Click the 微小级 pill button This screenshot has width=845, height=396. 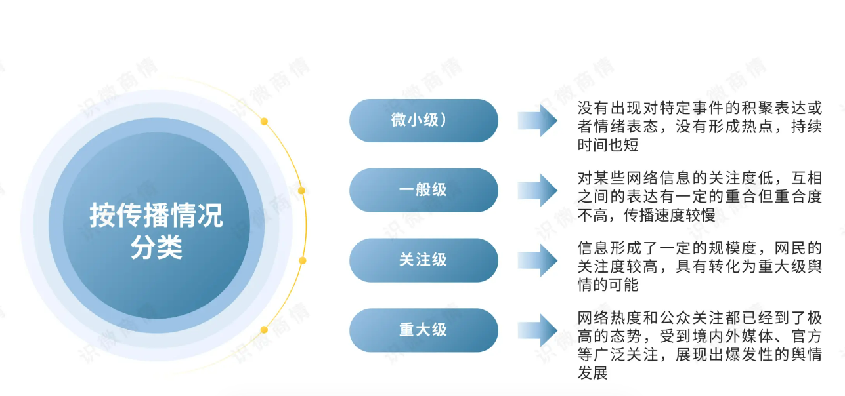point(423,121)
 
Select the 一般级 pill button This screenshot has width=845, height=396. point(423,190)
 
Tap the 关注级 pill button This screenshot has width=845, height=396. point(423,260)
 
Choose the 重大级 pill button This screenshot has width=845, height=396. point(423,330)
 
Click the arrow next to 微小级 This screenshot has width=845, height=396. point(537,121)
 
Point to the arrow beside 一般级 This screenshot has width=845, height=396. point(537,190)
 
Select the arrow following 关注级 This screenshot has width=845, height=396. point(537,260)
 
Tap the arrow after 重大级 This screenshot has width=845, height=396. point(537,330)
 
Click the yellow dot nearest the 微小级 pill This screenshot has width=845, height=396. point(264,121)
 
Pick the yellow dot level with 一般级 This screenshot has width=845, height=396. point(301,191)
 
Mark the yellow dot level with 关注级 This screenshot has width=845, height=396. point(303,260)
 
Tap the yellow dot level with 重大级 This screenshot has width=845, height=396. point(264,330)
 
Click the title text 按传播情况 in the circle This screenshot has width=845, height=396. point(156,216)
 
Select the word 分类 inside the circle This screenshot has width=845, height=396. point(156,247)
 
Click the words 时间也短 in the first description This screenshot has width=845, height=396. point(608,145)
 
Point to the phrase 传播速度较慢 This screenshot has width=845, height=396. point(670,215)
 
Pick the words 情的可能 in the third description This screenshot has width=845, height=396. point(608,285)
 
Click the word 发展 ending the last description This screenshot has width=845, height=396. point(593,373)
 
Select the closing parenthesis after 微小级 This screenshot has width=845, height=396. point(443,120)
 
